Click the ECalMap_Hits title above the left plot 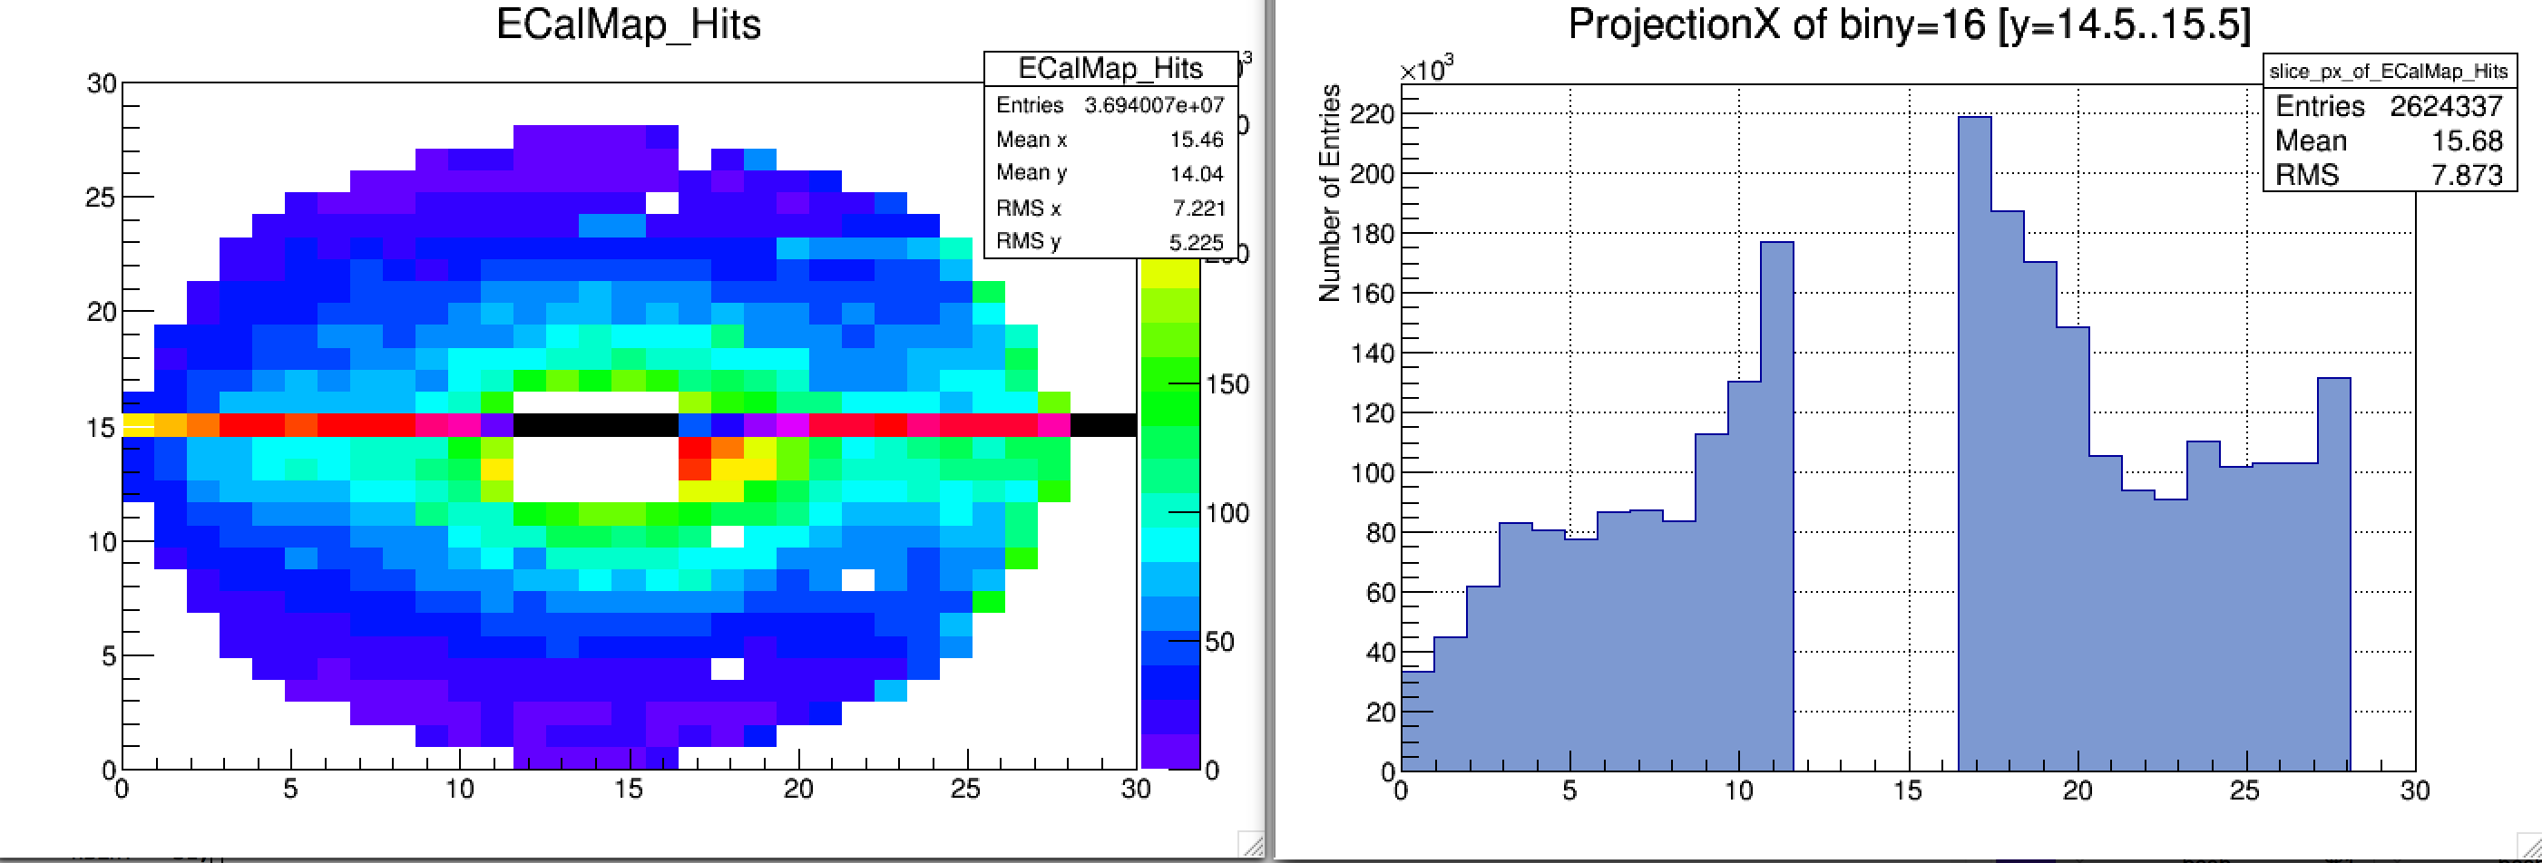(629, 24)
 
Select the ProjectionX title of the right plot (1909, 24)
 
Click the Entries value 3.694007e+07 (1154, 105)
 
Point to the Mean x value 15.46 (1196, 140)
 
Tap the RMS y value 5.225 (1196, 243)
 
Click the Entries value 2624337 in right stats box (2445, 107)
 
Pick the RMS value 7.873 (2466, 176)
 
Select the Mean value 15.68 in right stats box (2466, 141)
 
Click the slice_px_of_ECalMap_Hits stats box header (2388, 71)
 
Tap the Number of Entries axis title (1330, 193)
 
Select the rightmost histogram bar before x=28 (2332, 572)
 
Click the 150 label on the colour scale (1227, 384)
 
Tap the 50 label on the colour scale (1219, 642)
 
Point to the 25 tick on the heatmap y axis (101, 198)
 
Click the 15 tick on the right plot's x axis (1908, 791)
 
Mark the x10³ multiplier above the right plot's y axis (1426, 70)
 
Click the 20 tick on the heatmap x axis (797, 789)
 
